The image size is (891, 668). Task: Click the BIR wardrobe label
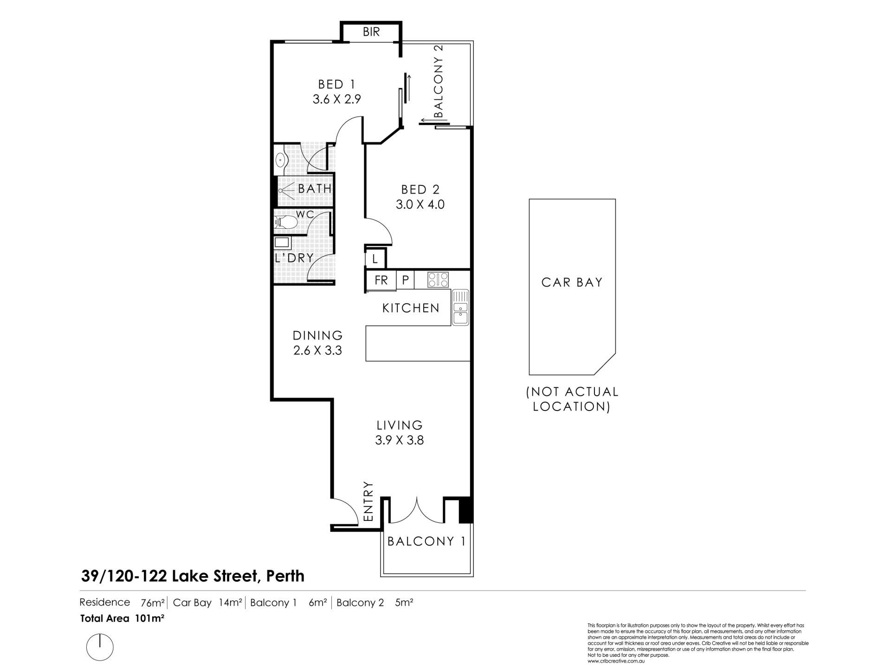click(371, 32)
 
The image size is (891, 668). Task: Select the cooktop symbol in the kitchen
click(438, 280)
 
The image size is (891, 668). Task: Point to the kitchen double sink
click(461, 307)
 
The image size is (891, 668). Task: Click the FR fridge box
click(381, 280)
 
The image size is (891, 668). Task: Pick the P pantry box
click(405, 280)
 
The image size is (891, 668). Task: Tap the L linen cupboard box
click(375, 258)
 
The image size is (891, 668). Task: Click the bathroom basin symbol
click(281, 161)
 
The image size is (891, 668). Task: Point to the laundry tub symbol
click(282, 243)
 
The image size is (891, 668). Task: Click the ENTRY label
click(368, 501)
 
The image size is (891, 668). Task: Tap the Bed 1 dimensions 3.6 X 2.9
click(337, 99)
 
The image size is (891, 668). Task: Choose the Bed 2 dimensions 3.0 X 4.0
click(420, 205)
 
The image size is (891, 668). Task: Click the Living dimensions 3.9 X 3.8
click(400, 440)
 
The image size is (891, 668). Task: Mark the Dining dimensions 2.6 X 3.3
click(318, 351)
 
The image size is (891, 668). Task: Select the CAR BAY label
click(572, 283)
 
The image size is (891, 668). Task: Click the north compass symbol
click(100, 646)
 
